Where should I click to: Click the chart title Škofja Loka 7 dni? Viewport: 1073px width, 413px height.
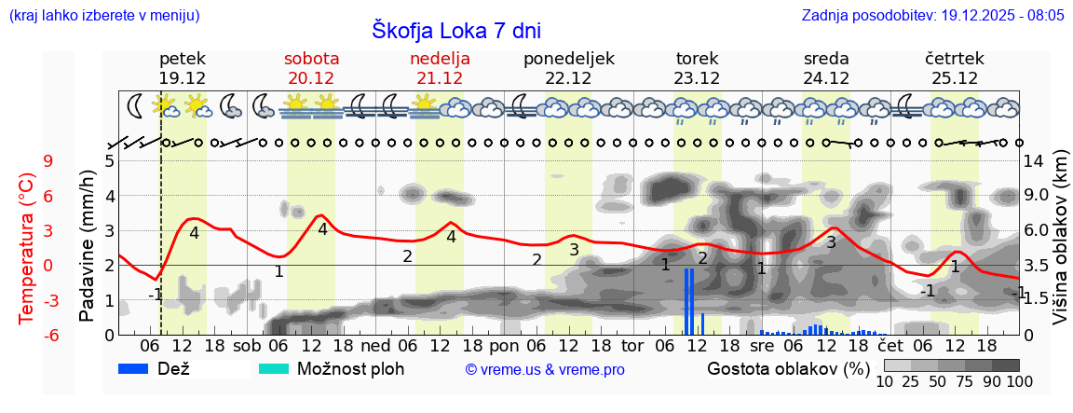click(x=455, y=30)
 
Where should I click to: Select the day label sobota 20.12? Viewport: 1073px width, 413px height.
click(x=311, y=68)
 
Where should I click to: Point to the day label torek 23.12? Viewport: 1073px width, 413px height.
click(x=697, y=68)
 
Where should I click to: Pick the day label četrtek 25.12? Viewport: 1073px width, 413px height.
click(x=955, y=68)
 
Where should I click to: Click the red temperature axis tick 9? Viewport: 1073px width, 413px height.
click(x=48, y=161)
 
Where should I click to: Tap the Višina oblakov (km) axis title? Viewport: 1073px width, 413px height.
click(x=1059, y=246)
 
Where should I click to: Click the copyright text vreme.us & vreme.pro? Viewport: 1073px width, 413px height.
click(x=545, y=370)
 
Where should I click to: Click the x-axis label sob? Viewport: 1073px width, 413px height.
click(x=247, y=346)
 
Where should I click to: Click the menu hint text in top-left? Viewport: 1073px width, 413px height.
click(x=103, y=16)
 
